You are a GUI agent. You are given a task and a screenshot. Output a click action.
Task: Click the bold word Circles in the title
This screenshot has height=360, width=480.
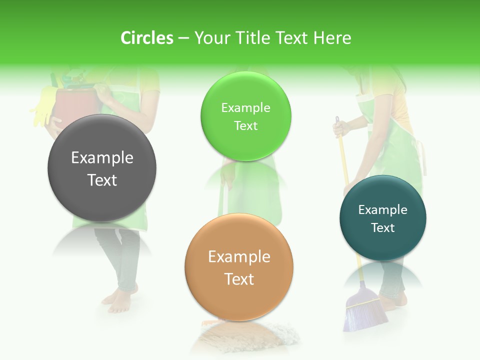147,38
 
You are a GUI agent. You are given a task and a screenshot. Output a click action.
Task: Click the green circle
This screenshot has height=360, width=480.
245,145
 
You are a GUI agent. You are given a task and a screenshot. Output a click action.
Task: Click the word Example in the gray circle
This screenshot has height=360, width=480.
102,158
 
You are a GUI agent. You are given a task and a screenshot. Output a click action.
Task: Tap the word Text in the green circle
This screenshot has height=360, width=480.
245,126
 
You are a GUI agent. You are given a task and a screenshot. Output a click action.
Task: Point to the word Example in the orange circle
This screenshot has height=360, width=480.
239,257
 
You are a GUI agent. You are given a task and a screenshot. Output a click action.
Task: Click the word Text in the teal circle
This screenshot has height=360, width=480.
383,228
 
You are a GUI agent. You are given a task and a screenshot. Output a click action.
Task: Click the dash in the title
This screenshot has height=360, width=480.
184,38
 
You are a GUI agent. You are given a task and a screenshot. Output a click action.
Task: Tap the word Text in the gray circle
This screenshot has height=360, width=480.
102,180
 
